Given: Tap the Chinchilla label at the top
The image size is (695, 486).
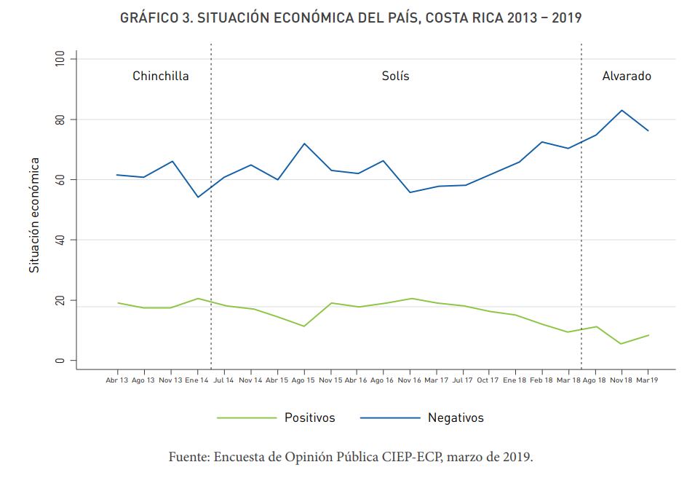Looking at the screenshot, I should (160, 76).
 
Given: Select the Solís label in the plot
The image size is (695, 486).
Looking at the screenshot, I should (395, 76).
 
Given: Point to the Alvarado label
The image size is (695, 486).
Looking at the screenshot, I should (627, 76).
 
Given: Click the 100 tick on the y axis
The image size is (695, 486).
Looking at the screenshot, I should (60, 58).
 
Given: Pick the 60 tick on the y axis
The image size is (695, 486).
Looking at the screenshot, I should (60, 179).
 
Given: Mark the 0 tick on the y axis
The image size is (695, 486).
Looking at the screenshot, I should (60, 361).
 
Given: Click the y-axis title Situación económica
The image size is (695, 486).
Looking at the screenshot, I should (34, 215).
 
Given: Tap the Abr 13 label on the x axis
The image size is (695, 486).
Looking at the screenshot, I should (116, 380).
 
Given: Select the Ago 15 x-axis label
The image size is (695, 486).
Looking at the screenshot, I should (303, 380).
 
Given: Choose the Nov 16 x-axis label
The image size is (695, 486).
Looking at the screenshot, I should (410, 380).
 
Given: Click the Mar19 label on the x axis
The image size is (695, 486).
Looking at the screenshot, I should (648, 380).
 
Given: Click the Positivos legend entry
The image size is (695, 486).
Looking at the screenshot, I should (309, 418).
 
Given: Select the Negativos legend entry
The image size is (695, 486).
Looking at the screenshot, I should (456, 418).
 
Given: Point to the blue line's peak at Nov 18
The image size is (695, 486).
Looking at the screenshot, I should (621, 110).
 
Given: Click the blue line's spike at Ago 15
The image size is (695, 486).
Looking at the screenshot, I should (303, 144).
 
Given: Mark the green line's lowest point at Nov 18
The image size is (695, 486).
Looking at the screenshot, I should (621, 344).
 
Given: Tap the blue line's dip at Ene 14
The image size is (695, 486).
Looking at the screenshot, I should (197, 197).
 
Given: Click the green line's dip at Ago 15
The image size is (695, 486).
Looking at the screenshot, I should (303, 326).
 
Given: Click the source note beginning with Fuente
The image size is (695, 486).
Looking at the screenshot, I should (351, 458).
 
